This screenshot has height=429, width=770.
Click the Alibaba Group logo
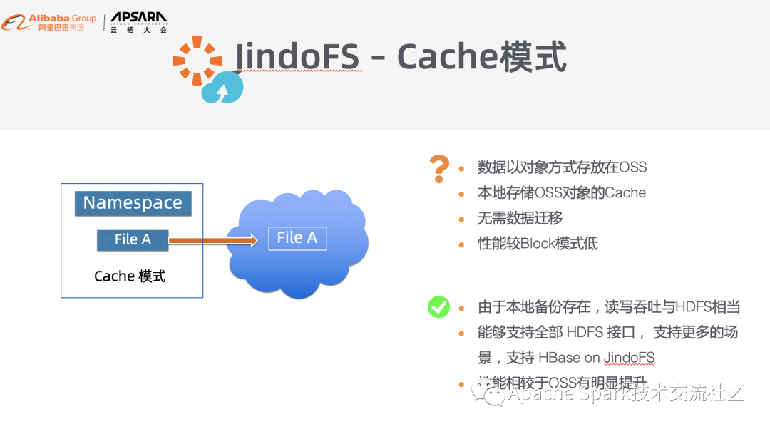click(x=48, y=22)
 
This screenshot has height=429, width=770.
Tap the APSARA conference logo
click(x=139, y=22)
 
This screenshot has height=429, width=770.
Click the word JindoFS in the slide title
click(x=297, y=56)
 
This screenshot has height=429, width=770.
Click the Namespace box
click(x=133, y=203)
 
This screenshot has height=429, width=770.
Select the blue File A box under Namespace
click(x=133, y=240)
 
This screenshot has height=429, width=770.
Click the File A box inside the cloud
click(x=297, y=238)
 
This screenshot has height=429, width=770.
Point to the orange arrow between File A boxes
click(x=212, y=241)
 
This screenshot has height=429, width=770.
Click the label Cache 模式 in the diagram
click(x=130, y=276)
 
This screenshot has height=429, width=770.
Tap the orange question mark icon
click(x=439, y=168)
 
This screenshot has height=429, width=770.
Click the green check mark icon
click(x=438, y=307)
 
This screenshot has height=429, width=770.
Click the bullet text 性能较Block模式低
click(x=538, y=244)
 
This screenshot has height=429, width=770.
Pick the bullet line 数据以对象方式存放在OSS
click(x=562, y=167)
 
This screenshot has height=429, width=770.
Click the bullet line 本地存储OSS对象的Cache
click(x=561, y=192)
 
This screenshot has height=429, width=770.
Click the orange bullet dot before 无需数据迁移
click(x=462, y=219)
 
